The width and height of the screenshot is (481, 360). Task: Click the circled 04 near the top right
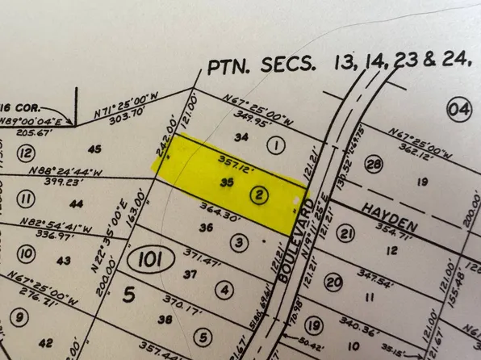click(x=459, y=107)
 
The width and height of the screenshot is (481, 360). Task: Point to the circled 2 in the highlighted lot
click(x=260, y=195)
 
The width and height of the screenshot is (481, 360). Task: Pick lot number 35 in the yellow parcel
click(x=227, y=183)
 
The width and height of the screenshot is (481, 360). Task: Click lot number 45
click(x=94, y=149)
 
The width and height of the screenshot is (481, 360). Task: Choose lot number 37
click(x=190, y=274)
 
